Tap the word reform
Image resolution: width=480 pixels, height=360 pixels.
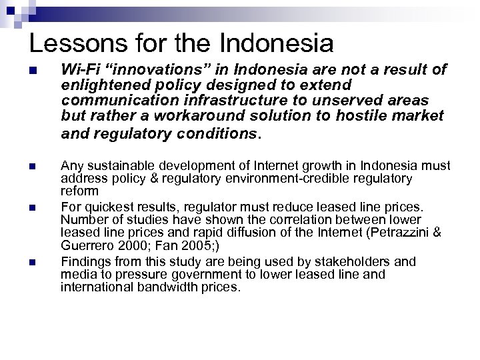(75, 190)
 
